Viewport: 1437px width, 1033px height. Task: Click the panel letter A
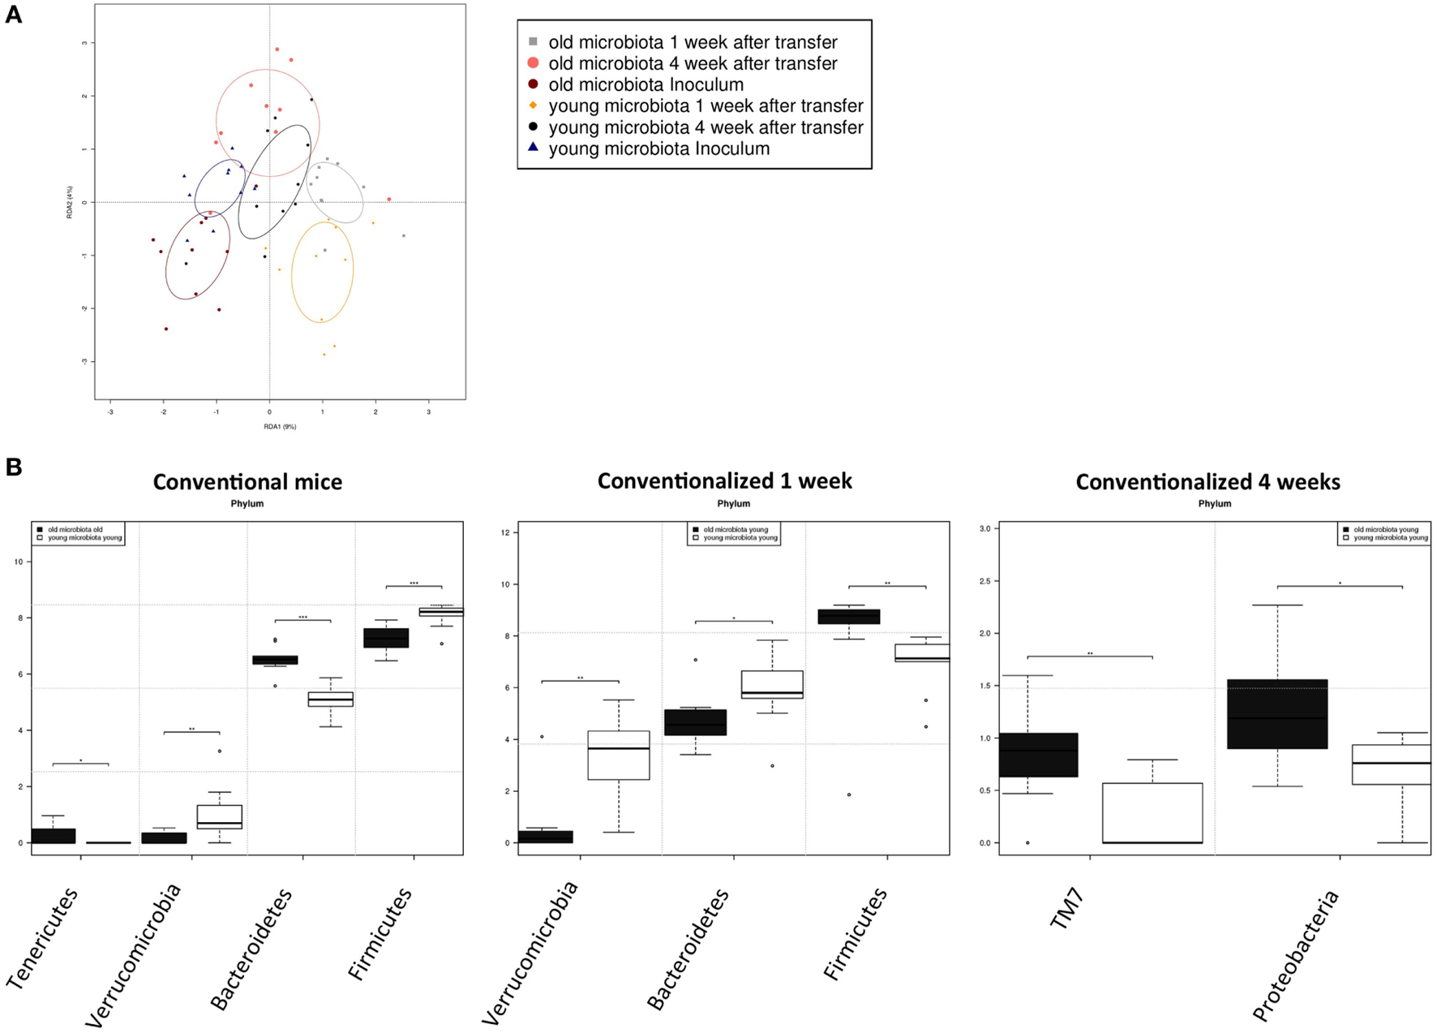point(14,15)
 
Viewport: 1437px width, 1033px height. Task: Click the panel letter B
point(14,467)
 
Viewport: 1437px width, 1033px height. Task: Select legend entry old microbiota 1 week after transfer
point(693,42)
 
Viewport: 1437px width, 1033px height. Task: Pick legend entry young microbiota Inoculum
point(658,148)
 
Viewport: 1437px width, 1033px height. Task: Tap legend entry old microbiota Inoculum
point(646,84)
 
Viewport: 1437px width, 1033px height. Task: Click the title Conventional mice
point(247,482)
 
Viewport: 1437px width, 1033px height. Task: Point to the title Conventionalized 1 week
point(724,481)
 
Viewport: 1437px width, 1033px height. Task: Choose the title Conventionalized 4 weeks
point(1208,482)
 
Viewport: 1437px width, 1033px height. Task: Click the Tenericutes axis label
point(44,937)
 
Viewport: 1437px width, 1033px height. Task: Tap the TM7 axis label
point(1067,910)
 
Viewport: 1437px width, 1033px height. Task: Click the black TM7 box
point(1038,755)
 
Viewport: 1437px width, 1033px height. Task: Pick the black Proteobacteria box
point(1277,713)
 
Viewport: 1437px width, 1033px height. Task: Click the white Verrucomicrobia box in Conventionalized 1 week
point(618,755)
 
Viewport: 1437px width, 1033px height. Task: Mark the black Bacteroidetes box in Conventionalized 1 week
point(695,722)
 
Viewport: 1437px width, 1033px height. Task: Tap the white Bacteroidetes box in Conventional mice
point(330,699)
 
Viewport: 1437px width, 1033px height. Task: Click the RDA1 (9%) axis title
point(280,427)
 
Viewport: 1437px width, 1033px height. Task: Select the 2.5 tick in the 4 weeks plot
point(984,581)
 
